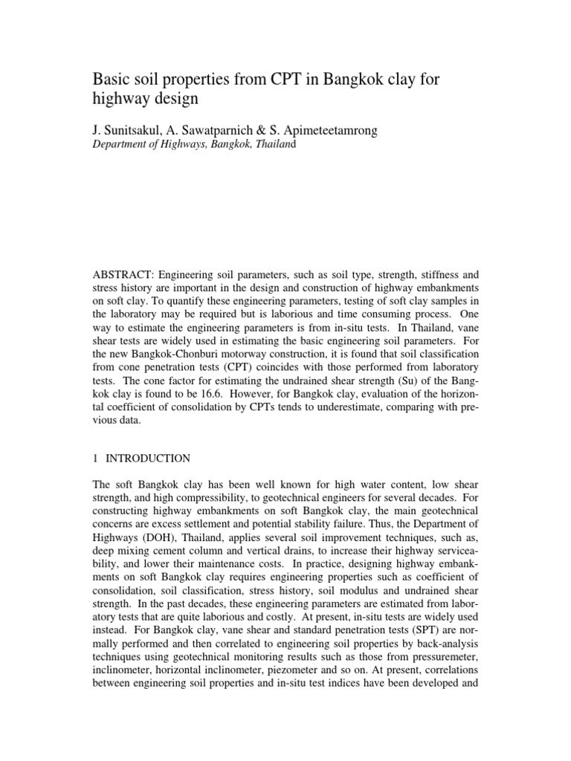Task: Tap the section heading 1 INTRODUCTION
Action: pyautogui.click(x=141, y=458)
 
